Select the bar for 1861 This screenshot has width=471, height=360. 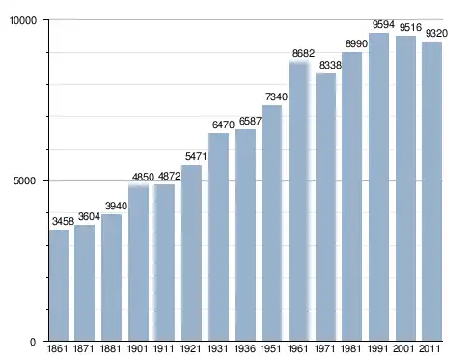click(x=59, y=285)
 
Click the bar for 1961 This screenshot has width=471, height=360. click(x=299, y=202)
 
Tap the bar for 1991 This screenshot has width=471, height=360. click(x=378, y=186)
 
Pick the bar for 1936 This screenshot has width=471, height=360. click(x=245, y=235)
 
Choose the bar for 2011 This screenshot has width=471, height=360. click(x=431, y=191)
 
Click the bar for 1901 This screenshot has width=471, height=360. click(x=139, y=263)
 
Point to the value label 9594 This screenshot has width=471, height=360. click(x=383, y=24)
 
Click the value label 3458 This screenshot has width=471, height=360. click(x=63, y=221)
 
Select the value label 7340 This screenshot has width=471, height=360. click(x=276, y=97)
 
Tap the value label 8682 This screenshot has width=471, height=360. click(x=303, y=53)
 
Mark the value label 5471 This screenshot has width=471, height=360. click(x=196, y=156)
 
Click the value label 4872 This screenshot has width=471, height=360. click(x=169, y=176)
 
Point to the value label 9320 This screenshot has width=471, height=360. click(x=436, y=33)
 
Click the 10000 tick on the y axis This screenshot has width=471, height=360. click(x=23, y=20)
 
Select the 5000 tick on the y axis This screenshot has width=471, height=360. click(x=24, y=180)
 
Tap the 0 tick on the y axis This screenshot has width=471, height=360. click(x=33, y=342)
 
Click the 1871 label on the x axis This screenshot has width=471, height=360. click(x=83, y=348)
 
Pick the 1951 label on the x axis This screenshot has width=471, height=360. click(x=271, y=348)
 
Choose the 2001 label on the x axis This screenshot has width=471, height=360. click(x=403, y=348)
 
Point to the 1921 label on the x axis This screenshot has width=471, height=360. click(x=191, y=348)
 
